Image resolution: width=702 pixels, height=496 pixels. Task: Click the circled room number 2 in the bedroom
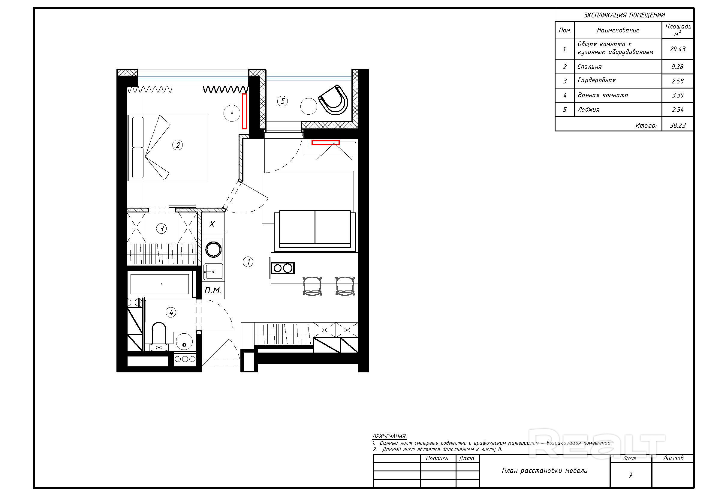(x=178, y=145)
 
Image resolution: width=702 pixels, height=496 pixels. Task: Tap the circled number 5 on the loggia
(x=282, y=101)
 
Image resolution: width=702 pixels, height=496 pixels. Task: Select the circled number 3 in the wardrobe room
(x=161, y=228)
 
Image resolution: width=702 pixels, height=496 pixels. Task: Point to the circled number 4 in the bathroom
(x=171, y=312)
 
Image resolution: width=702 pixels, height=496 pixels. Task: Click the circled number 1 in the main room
(x=248, y=262)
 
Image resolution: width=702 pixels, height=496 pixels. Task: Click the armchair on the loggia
(x=333, y=100)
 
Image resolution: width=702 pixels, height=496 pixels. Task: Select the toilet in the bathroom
(x=159, y=333)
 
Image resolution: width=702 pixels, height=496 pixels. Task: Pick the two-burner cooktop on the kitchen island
(x=283, y=268)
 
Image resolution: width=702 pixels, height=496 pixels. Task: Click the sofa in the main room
(x=315, y=230)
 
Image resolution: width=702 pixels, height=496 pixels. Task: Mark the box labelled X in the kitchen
(x=212, y=224)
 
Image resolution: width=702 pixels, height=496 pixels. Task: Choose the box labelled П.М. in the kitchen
(x=213, y=290)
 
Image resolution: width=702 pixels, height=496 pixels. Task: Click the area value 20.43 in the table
(x=678, y=49)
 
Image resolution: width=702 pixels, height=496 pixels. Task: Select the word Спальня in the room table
(x=589, y=67)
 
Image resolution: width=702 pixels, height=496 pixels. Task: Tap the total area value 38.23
(x=678, y=125)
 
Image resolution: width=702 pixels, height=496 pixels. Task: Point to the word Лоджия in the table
(x=589, y=110)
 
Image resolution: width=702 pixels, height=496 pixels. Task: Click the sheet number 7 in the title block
(x=631, y=475)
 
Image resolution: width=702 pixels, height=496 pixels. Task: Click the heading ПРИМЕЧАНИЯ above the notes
(x=390, y=436)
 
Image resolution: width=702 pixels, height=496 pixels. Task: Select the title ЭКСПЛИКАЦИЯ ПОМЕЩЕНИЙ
(x=624, y=15)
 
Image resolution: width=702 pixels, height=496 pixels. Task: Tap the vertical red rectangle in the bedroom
(x=245, y=111)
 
